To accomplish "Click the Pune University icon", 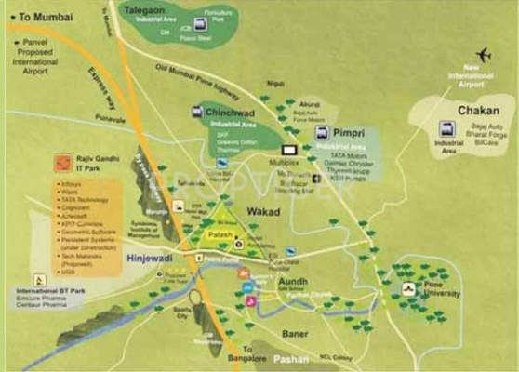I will tap(408, 289).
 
